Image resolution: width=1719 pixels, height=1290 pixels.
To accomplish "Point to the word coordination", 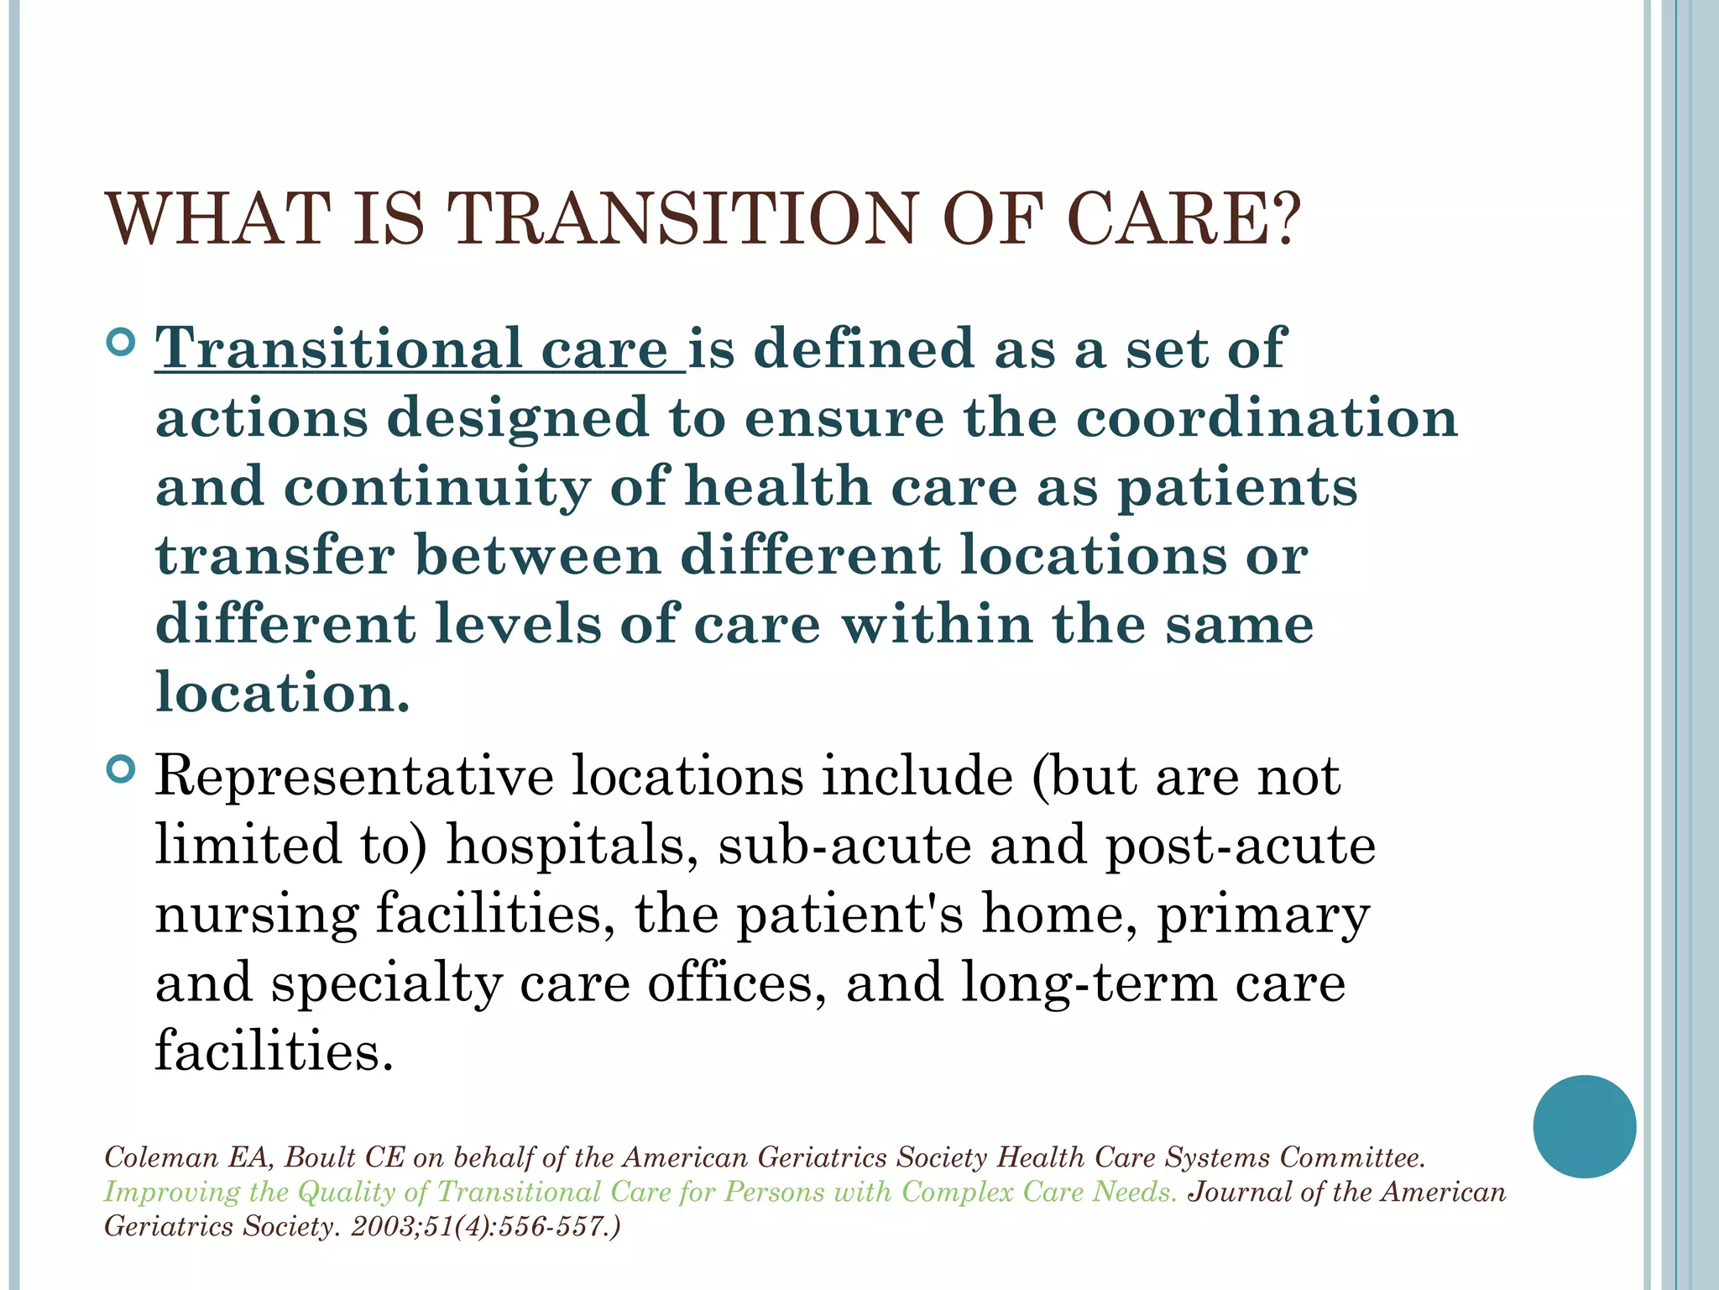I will point(1267,418).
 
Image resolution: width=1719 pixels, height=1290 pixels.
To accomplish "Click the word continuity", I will point(436,488).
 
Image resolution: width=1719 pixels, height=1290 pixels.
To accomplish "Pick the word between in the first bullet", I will point(538,556).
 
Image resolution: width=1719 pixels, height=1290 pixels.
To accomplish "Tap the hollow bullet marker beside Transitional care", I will point(122,343).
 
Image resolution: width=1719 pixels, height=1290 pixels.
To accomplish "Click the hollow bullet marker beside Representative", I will point(122,769).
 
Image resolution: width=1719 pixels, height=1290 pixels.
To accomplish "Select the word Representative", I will point(354,776).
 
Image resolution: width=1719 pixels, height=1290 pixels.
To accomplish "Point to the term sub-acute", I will point(844,845).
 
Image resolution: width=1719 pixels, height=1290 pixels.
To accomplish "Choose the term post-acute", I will point(1241,847).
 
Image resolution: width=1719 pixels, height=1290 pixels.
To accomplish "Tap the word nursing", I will point(256,915).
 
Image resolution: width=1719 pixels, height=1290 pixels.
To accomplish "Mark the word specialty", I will point(386,984).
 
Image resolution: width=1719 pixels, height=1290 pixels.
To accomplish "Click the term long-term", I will point(1088,984).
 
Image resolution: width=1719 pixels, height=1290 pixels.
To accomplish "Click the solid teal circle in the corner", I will point(1584,1126).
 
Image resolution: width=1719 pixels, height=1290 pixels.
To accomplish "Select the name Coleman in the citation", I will point(161,1158).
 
